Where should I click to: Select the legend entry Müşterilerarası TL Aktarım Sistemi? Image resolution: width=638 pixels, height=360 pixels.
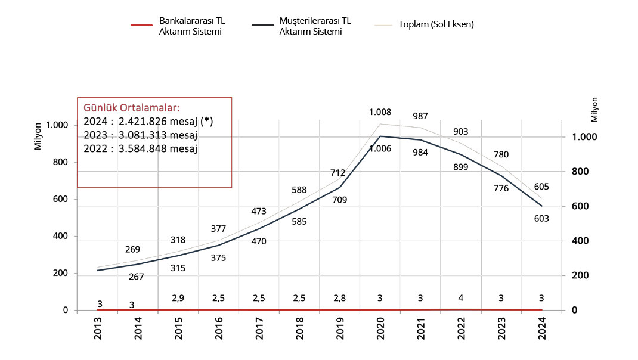coord(315,26)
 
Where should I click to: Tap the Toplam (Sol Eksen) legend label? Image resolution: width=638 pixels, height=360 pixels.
coord(436,25)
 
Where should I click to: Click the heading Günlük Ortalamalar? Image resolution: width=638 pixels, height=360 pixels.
coord(131,108)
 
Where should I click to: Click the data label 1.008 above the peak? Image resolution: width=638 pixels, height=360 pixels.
coord(380,112)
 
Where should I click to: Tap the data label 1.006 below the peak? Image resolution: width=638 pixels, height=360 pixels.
coord(380,148)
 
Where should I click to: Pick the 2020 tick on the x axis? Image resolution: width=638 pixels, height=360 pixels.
coord(380,328)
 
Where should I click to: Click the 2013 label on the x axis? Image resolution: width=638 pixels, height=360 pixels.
coord(98,328)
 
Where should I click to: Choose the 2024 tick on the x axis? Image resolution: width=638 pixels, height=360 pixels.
coord(541,328)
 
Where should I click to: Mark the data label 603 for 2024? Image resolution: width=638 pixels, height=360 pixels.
coord(541,219)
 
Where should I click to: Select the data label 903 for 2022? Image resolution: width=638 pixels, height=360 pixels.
coord(460,132)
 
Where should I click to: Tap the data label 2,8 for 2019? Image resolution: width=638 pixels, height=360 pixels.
coord(340,298)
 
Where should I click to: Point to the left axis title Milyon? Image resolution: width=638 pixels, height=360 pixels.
coord(38,136)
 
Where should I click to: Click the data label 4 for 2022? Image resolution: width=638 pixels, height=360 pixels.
coord(461,298)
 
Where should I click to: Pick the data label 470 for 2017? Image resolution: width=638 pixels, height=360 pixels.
coord(259,241)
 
